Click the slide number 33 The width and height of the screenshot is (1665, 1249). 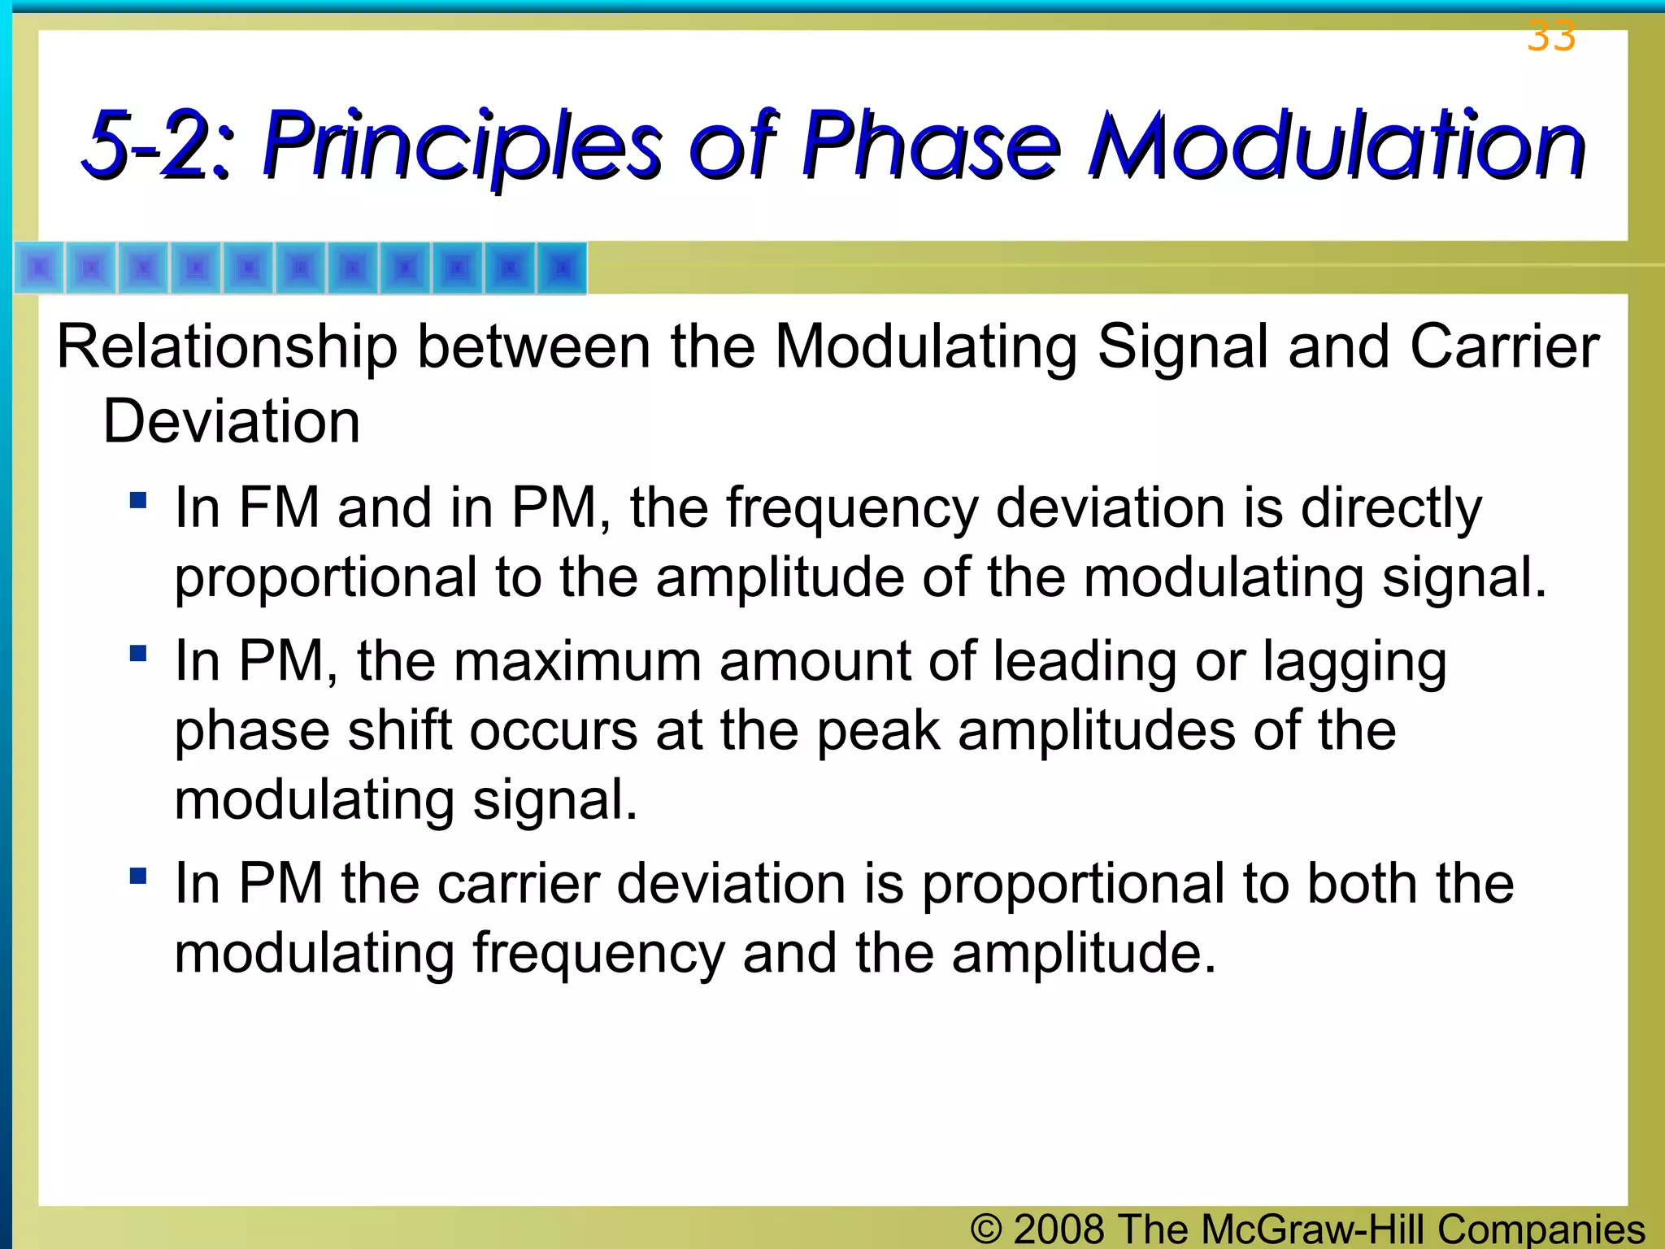pyautogui.click(x=1551, y=37)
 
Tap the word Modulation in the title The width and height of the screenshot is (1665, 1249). pyautogui.click(x=1337, y=146)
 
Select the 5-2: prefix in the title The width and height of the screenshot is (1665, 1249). pyautogui.click(x=158, y=146)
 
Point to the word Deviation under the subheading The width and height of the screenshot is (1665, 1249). pyautogui.click(x=231, y=422)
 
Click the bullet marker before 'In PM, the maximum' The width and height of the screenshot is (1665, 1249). pyautogui.click(x=138, y=653)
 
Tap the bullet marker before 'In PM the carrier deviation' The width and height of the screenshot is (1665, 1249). pyautogui.click(x=138, y=876)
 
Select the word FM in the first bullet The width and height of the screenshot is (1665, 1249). pyautogui.click(x=278, y=508)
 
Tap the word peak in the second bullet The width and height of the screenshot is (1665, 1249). pyautogui.click(x=878, y=732)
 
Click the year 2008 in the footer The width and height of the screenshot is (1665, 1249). pyautogui.click(x=1059, y=1229)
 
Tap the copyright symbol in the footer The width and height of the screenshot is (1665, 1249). pyautogui.click(x=985, y=1229)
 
